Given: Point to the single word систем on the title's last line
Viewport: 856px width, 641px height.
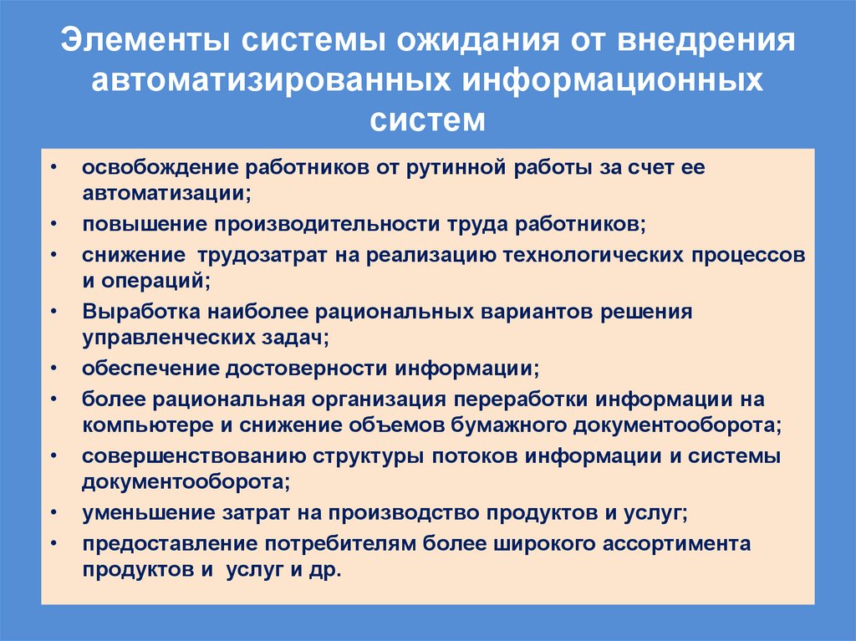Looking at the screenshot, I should (427, 120).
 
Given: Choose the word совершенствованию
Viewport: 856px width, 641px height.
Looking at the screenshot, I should (194, 456).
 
